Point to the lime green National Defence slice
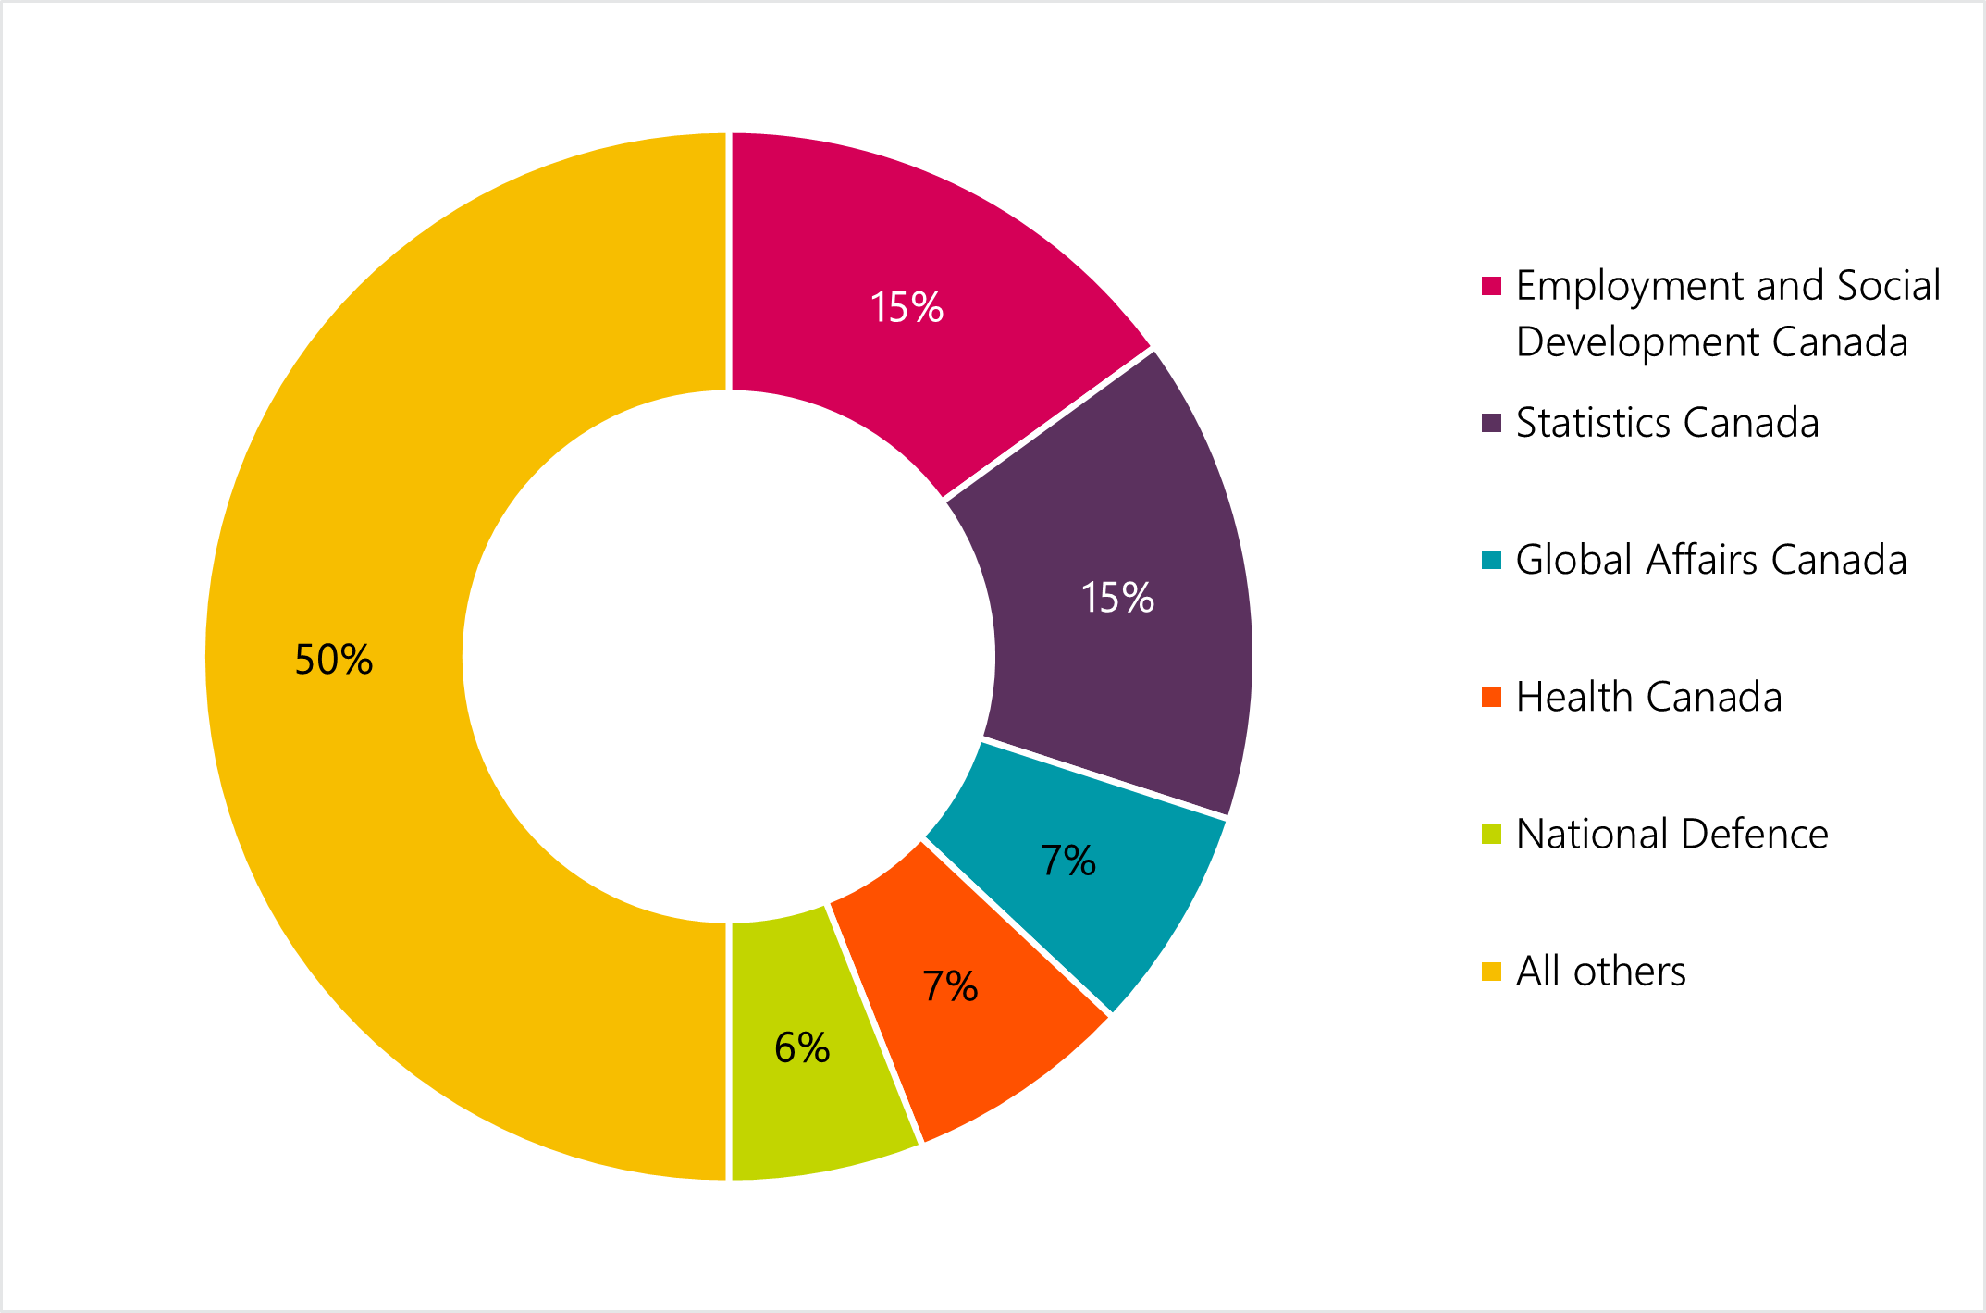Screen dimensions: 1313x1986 pos(814,1092)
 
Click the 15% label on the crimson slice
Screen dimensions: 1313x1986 pos(907,307)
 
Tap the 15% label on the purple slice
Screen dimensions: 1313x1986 pos(1117,598)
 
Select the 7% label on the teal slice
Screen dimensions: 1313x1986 pos(1067,861)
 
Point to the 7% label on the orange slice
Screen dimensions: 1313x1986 pos(950,986)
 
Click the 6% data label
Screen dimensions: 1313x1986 pos(802,1047)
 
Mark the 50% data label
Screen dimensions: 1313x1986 pos(333,660)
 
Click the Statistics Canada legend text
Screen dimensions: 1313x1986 pos(1667,423)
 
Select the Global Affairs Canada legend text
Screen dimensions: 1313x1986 pos(1711,560)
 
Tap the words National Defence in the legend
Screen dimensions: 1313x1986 pos(1671,834)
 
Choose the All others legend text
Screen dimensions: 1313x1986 pos(1600,971)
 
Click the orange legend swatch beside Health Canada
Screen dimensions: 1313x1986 pos(1491,697)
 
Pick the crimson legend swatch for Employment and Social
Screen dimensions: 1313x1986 pos(1491,286)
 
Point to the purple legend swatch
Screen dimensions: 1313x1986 pos(1491,423)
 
